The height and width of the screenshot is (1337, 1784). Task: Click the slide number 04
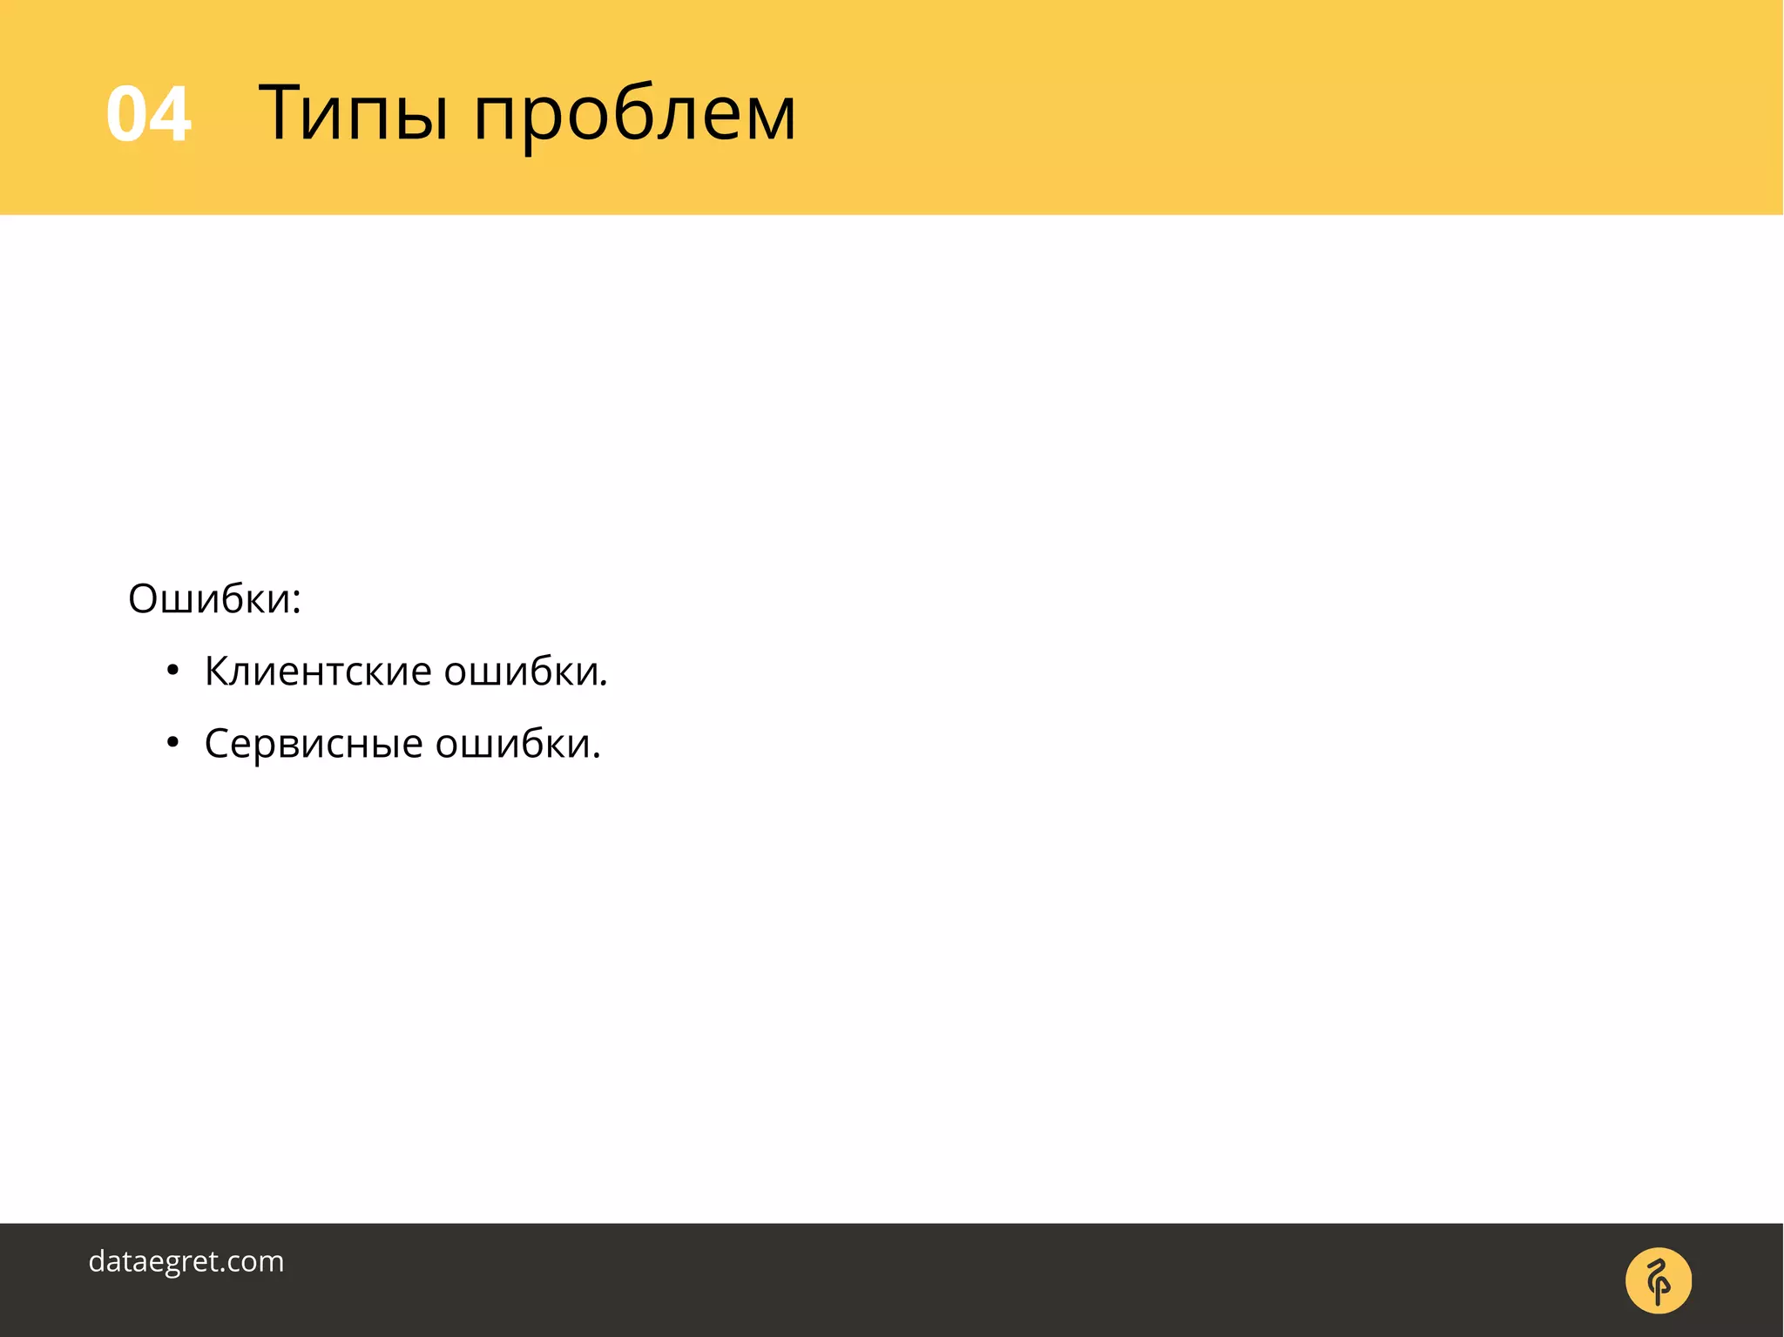pos(148,114)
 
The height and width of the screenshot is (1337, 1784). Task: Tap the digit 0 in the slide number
pos(127,114)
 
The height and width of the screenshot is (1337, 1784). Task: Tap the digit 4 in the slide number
pos(170,114)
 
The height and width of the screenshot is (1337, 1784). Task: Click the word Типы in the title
pos(354,113)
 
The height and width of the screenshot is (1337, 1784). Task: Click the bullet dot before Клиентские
pos(172,671)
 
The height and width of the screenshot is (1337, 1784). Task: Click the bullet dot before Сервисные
pos(172,743)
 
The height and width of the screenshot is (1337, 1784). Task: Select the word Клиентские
pos(318,672)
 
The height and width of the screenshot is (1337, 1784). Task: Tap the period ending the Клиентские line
pos(604,684)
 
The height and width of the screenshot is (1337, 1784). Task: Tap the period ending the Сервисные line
pos(597,756)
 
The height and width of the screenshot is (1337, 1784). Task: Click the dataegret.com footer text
pos(186,1261)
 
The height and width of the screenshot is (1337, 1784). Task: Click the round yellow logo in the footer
pos(1658,1280)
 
